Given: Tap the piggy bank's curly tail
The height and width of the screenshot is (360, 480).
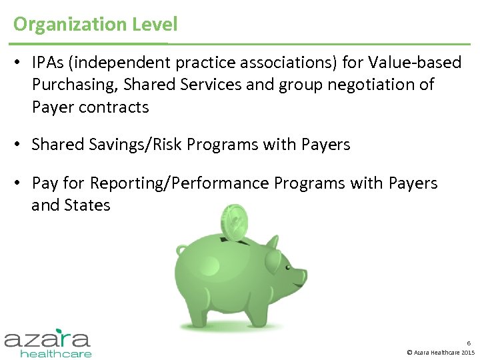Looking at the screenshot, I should (x=182, y=251).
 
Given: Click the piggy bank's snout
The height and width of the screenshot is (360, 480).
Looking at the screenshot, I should (x=299, y=275).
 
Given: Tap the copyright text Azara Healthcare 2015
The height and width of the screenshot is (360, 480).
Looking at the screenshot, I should (x=441, y=352).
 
